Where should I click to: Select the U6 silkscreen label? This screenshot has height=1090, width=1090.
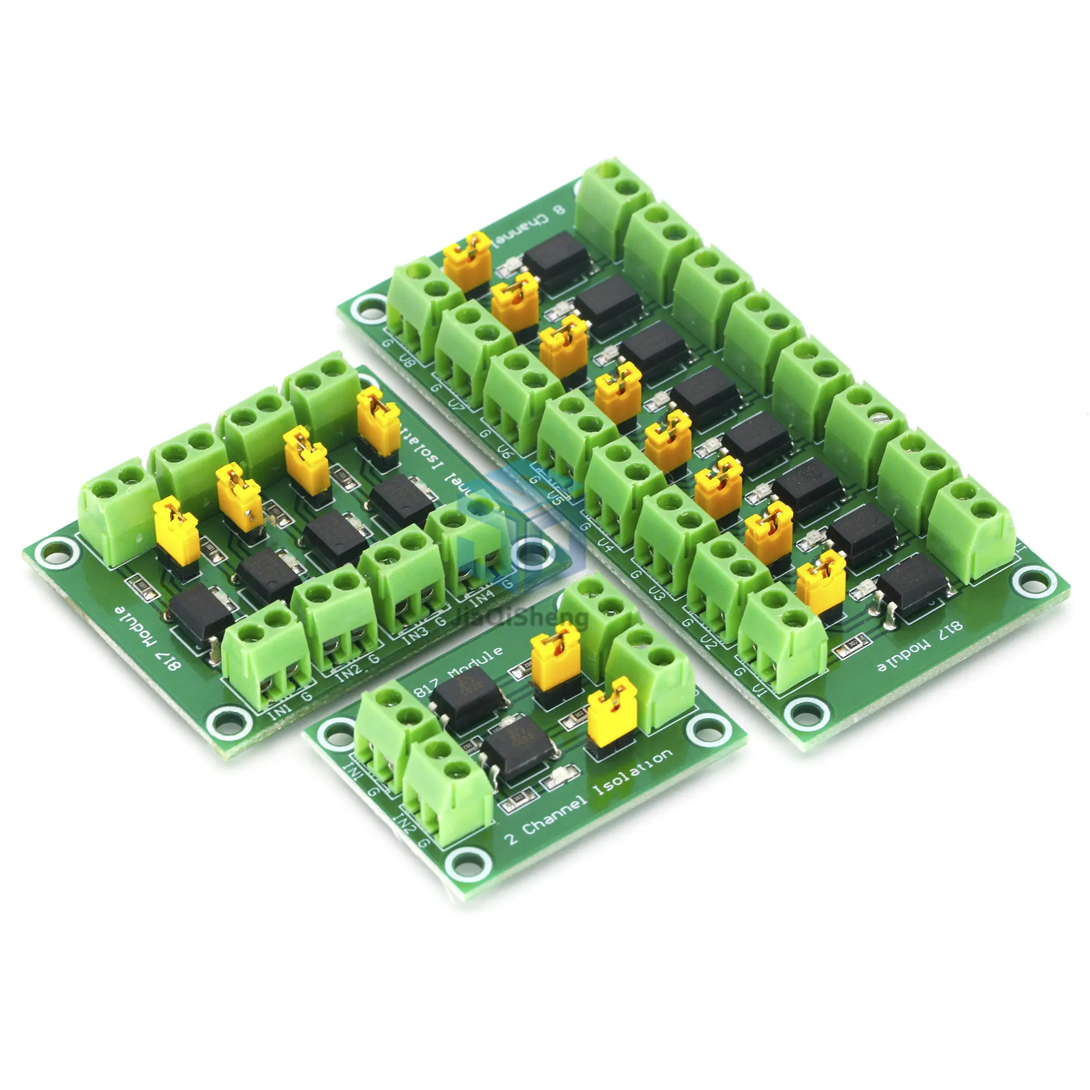pos(506,451)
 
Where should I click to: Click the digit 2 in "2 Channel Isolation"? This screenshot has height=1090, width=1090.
pos(511,853)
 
